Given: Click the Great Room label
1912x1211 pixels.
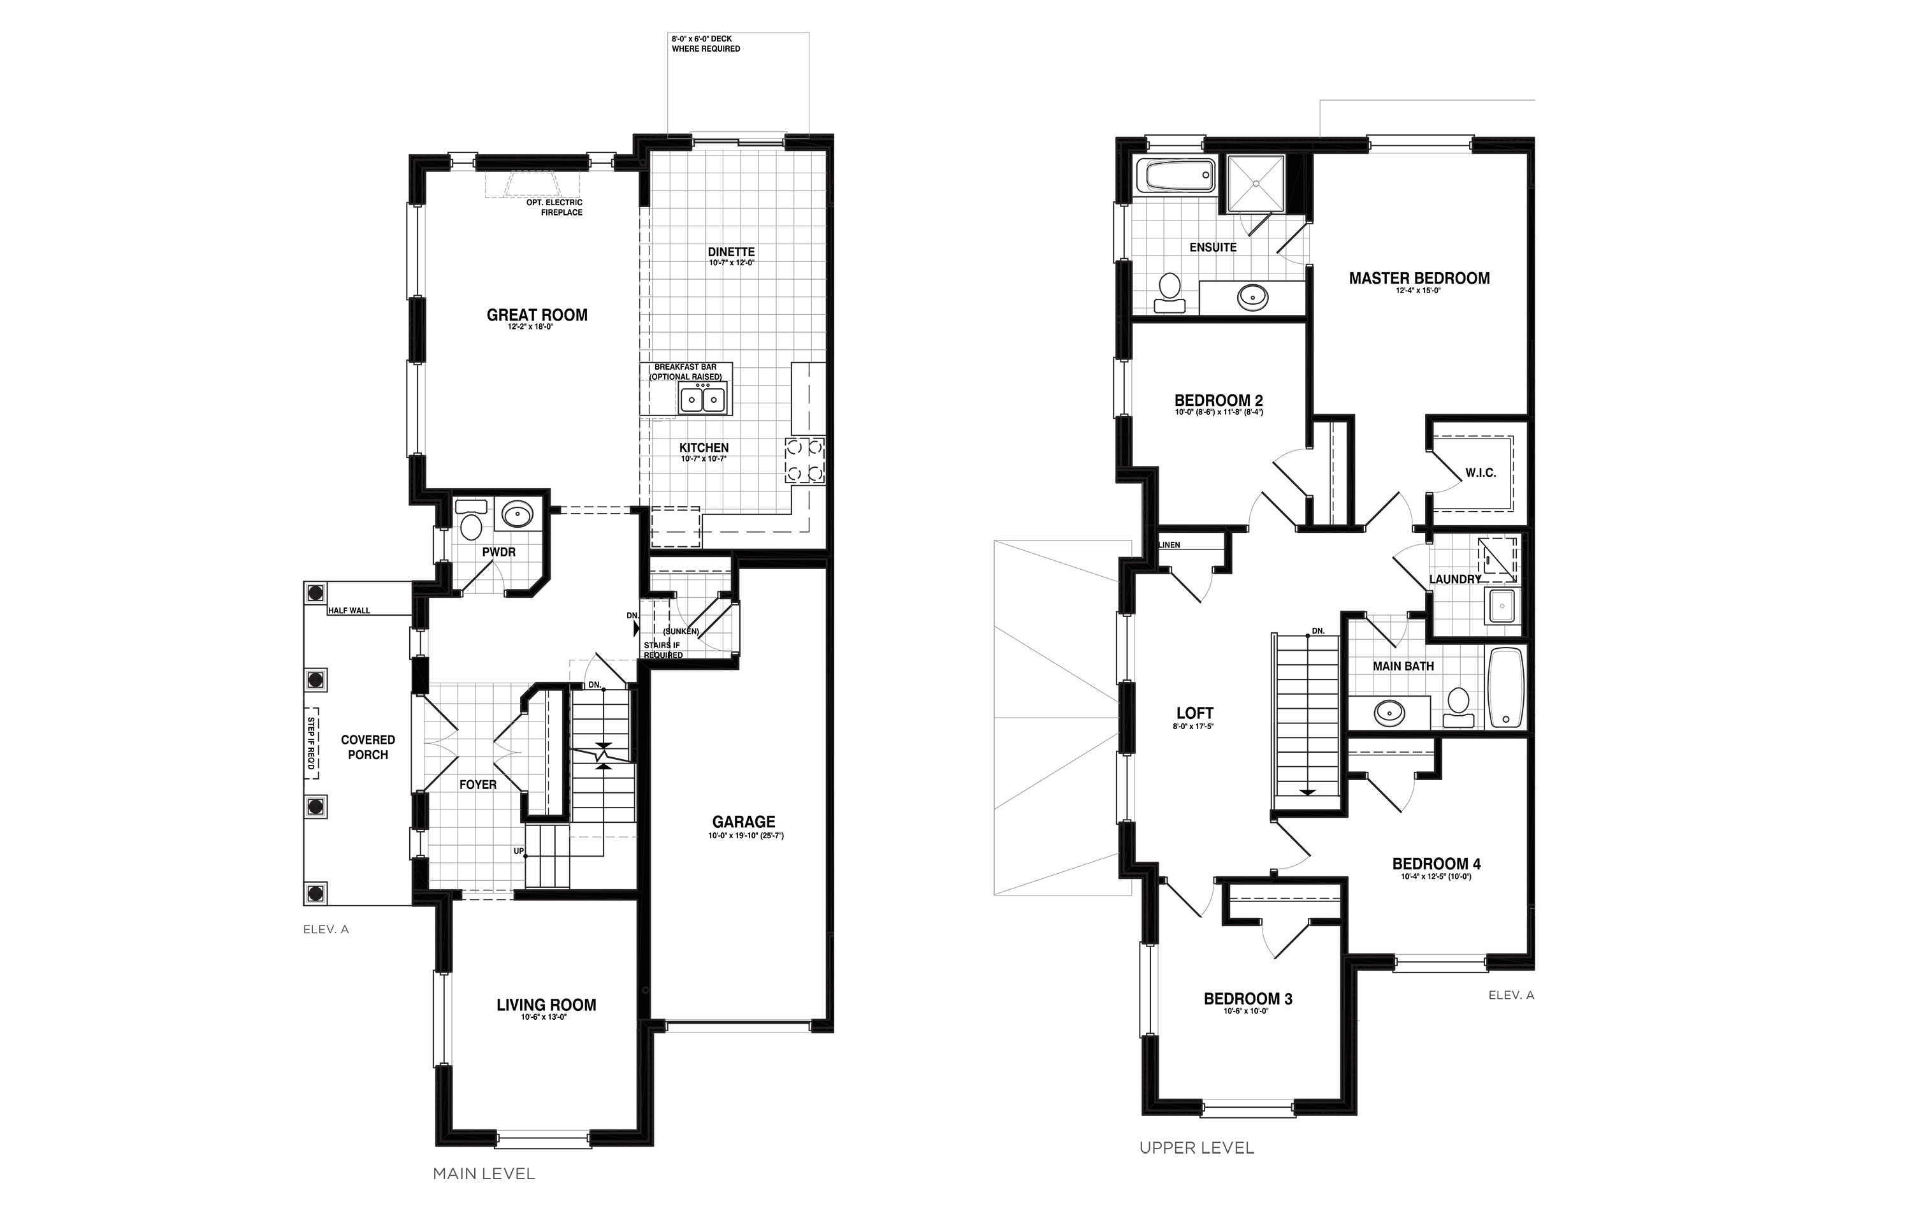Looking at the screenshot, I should (537, 315).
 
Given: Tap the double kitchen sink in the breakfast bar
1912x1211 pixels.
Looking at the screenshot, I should (703, 398).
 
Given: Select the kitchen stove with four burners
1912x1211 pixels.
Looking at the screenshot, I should (804, 461).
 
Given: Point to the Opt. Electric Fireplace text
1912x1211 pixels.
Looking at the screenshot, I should (554, 207).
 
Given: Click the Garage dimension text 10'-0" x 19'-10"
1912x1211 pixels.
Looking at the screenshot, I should (746, 836).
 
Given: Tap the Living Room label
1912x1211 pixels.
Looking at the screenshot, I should (546, 1004).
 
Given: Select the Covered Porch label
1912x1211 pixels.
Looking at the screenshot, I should (368, 747).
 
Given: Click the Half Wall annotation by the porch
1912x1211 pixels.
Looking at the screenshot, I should (349, 611).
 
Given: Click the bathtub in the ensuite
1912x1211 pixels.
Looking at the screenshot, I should (1175, 177).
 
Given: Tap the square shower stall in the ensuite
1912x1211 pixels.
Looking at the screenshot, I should (1256, 184).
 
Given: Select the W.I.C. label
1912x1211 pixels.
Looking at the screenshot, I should (1480, 472).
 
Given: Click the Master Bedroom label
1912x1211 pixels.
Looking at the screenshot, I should (1419, 279).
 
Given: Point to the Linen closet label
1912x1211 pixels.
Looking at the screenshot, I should (1170, 545).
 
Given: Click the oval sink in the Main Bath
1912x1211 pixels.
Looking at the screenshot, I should (1389, 713).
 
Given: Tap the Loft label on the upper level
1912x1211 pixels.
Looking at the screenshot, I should (1194, 713).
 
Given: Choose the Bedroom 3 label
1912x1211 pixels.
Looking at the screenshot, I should (1247, 999).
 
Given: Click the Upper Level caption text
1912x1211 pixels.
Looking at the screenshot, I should (1196, 1147).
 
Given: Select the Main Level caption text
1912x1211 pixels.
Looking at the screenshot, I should (484, 1173).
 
